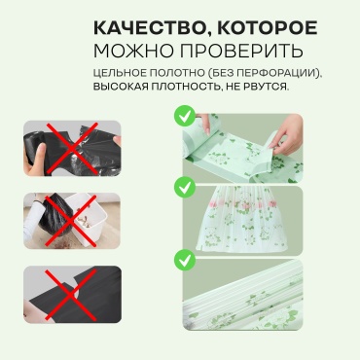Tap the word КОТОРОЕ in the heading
(x=267, y=28)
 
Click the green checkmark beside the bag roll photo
(x=185, y=116)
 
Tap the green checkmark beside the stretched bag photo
(x=185, y=188)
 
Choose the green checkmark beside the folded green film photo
(x=185, y=260)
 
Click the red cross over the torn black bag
(x=72, y=148)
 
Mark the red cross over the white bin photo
(x=70, y=221)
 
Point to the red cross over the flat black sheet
(x=70, y=295)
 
